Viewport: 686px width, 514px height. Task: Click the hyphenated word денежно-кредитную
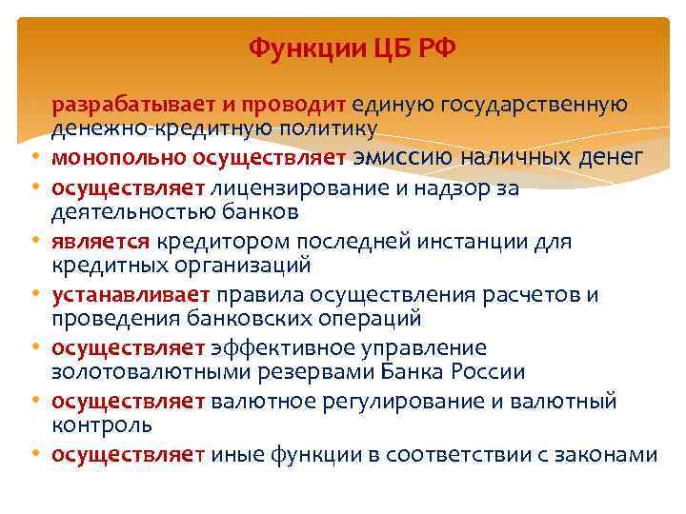point(145,128)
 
